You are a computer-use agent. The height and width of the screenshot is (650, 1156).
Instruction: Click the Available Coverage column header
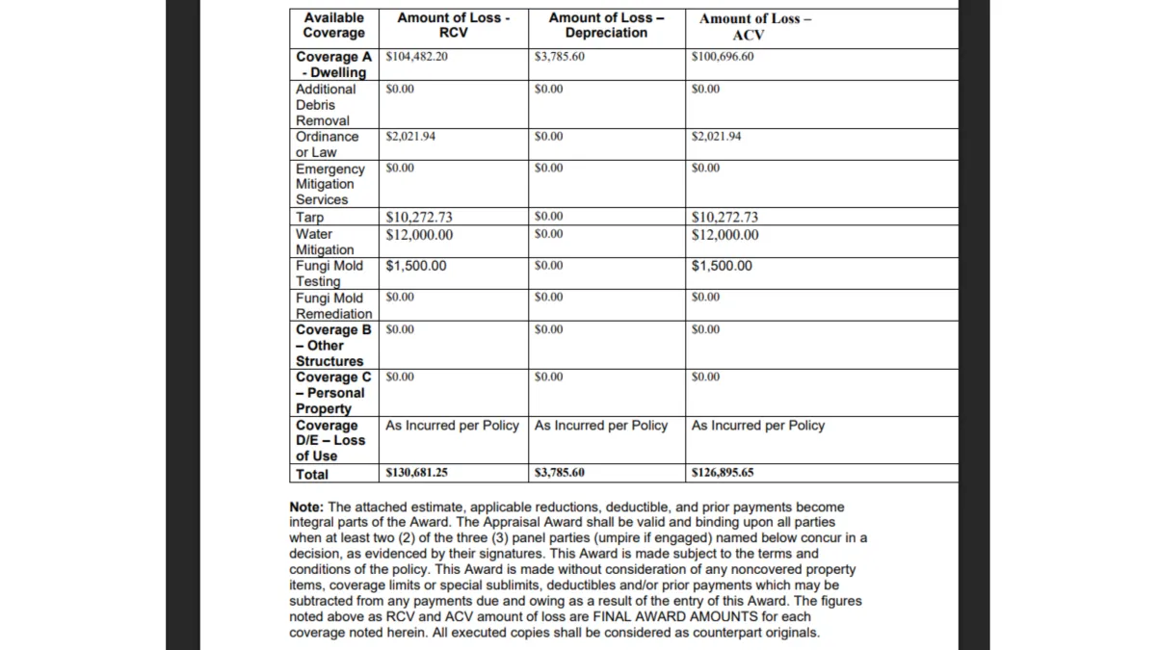[x=333, y=25]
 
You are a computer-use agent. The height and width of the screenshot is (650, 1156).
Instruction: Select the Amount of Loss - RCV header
[x=453, y=25]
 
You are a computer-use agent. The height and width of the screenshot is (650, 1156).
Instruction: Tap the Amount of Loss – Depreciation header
[x=606, y=25]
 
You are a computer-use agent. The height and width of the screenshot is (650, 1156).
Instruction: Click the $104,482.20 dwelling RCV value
[x=416, y=57]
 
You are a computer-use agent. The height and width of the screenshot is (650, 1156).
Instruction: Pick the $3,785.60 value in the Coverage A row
[x=559, y=57]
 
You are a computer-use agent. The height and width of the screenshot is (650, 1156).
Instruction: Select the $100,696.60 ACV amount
[x=722, y=57]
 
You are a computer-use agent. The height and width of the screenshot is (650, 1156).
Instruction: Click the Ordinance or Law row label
[x=327, y=144]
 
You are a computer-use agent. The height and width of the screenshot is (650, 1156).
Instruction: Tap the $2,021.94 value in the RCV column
[x=410, y=137]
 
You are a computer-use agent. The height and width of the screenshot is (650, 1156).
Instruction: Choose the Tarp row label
[x=310, y=218]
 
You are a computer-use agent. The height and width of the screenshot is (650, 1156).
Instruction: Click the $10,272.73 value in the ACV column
[x=724, y=218]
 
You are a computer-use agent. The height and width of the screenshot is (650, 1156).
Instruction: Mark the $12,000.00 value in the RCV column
[x=419, y=234]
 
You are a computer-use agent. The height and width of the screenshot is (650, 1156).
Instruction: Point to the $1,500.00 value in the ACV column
[x=722, y=266]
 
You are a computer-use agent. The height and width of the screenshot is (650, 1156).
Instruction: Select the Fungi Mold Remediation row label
[x=333, y=306]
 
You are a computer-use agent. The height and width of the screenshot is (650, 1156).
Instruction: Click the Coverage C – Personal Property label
[x=332, y=393]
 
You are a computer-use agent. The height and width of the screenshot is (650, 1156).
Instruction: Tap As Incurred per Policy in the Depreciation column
[x=600, y=426]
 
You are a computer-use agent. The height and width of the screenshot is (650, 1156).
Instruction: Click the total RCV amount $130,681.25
[x=416, y=474]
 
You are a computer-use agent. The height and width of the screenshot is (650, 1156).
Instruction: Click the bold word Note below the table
[x=305, y=507]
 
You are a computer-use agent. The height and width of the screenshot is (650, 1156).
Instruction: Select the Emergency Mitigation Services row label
[x=329, y=184]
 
